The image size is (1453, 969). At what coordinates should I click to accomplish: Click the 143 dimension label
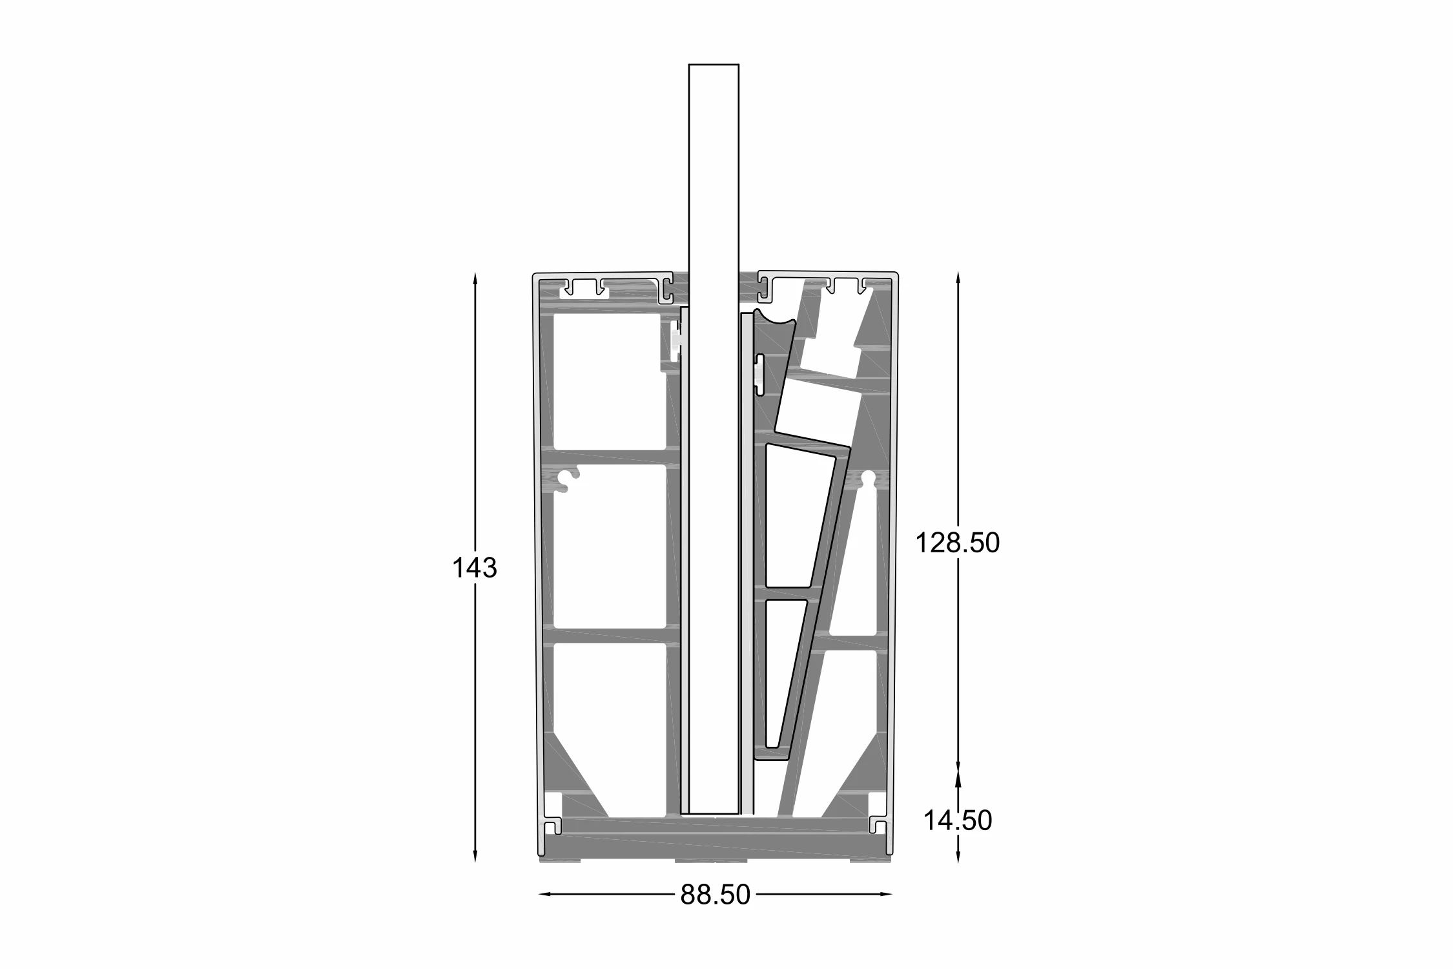point(474,568)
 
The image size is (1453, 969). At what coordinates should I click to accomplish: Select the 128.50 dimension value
point(958,543)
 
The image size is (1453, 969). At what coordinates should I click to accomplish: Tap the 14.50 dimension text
point(958,820)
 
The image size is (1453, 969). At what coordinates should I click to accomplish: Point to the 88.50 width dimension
point(716,895)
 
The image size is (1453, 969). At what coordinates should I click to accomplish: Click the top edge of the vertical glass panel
point(714,65)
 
